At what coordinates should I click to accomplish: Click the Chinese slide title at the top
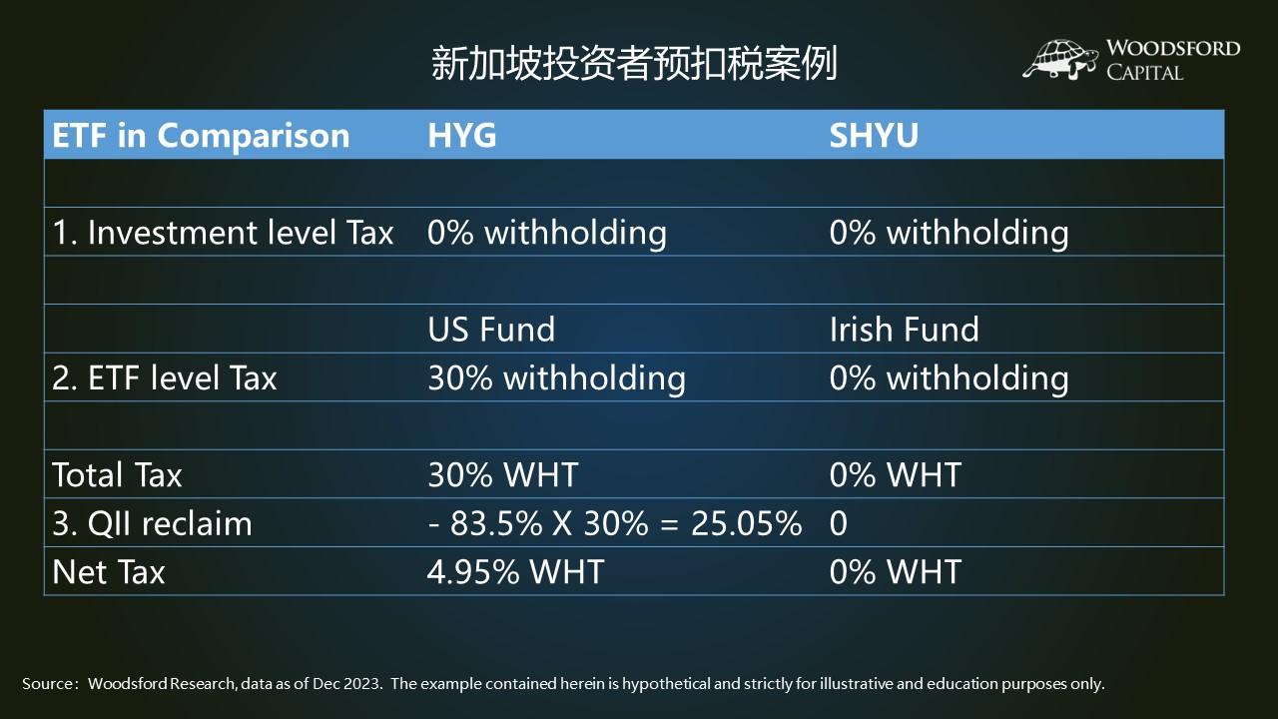(634, 63)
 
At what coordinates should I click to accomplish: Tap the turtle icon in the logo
(1060, 59)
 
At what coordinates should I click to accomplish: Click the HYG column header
(461, 136)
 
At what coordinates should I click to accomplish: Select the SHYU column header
(874, 136)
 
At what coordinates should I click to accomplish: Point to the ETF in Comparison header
(201, 136)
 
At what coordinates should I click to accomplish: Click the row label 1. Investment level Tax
(223, 233)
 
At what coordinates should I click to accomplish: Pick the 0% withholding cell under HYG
(546, 233)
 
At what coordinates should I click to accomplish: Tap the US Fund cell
(490, 330)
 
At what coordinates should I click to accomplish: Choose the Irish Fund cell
(904, 330)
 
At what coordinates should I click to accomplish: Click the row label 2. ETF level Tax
(164, 377)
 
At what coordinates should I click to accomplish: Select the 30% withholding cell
(556, 377)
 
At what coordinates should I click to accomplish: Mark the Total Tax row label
(117, 474)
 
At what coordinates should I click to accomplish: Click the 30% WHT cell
(502, 474)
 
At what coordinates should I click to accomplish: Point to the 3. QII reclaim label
(152, 523)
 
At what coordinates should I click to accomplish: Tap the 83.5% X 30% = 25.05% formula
(614, 523)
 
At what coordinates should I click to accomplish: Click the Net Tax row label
(108, 571)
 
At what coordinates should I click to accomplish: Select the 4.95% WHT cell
(515, 571)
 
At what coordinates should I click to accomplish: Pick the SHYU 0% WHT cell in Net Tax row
(895, 571)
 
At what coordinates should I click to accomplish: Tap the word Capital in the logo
(1144, 72)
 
